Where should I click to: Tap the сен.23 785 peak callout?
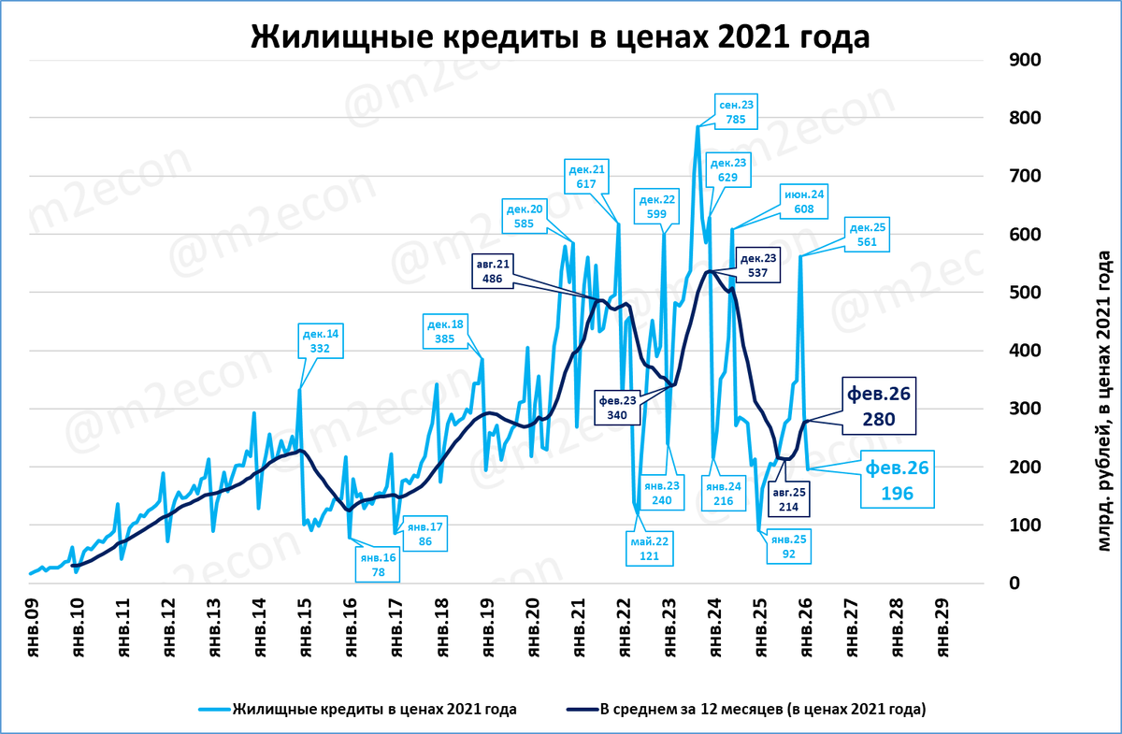[x=734, y=110]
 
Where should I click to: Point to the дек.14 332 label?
[x=321, y=340]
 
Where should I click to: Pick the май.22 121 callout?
[x=650, y=548]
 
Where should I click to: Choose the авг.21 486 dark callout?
[x=494, y=271]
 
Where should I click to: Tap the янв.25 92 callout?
[x=787, y=546]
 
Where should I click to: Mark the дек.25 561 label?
[x=866, y=235]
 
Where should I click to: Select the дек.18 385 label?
[x=445, y=332]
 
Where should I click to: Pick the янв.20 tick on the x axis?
[x=534, y=628]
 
